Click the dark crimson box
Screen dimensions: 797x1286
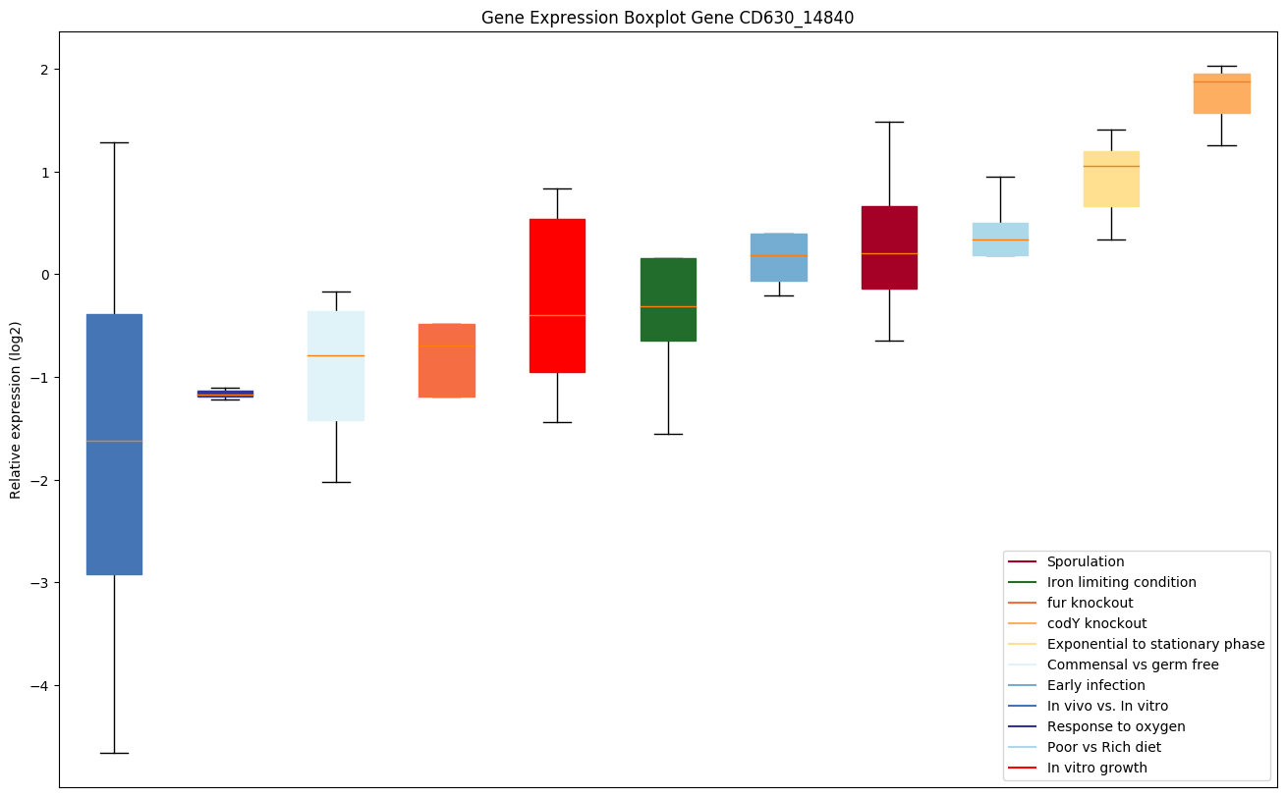tap(889, 236)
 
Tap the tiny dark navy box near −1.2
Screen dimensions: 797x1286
tap(225, 394)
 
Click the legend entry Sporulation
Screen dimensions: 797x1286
tap(1086, 562)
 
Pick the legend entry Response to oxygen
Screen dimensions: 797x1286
tap(1116, 727)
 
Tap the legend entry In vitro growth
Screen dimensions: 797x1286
tap(1096, 769)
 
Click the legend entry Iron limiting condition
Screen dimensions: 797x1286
tap(1121, 583)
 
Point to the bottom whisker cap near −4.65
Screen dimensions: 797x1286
tap(114, 753)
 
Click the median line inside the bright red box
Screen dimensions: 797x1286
tap(557, 315)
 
